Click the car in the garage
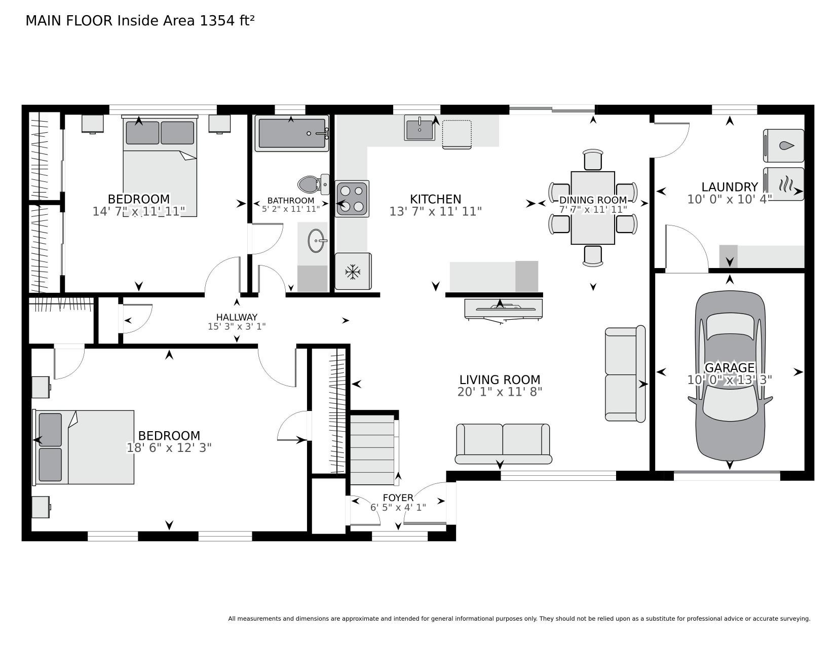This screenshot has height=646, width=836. click(730, 376)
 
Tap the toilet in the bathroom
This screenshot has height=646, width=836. click(314, 184)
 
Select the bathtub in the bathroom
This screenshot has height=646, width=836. click(292, 133)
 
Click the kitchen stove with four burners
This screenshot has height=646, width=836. click(352, 199)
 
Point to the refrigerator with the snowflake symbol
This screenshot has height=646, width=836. click(353, 271)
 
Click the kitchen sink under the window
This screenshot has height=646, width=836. click(420, 127)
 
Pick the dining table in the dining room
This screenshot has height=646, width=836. click(592, 208)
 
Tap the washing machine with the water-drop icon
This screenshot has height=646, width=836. click(783, 146)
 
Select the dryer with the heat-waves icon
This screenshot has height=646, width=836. click(783, 184)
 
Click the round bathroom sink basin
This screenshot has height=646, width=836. click(316, 241)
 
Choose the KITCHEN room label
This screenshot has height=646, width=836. click(435, 199)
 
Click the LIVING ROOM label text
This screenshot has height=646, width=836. click(500, 380)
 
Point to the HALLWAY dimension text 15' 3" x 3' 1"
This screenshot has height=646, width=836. click(237, 327)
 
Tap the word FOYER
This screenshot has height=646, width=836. click(398, 498)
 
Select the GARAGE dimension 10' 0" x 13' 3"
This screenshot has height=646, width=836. click(730, 380)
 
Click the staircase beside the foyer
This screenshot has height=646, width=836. click(372, 449)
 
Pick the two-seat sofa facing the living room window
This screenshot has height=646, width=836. click(503, 444)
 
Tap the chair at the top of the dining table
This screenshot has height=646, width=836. click(593, 160)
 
